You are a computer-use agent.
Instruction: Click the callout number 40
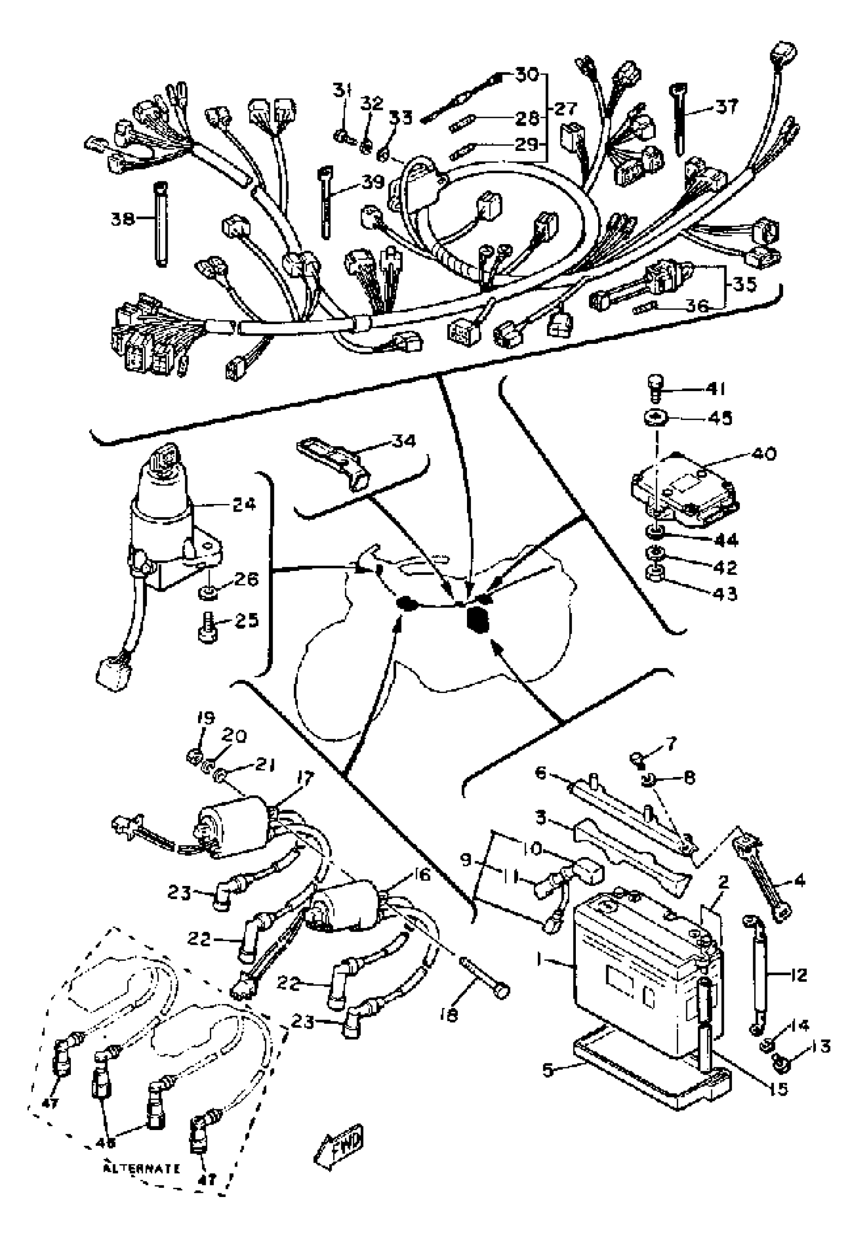point(765,454)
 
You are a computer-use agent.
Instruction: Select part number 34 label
point(404,441)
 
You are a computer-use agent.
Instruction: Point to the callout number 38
point(123,218)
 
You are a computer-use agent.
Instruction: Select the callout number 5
point(547,1069)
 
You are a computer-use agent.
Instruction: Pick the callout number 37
point(727,106)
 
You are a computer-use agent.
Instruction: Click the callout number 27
point(566,109)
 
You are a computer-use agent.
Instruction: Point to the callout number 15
point(779,1088)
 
